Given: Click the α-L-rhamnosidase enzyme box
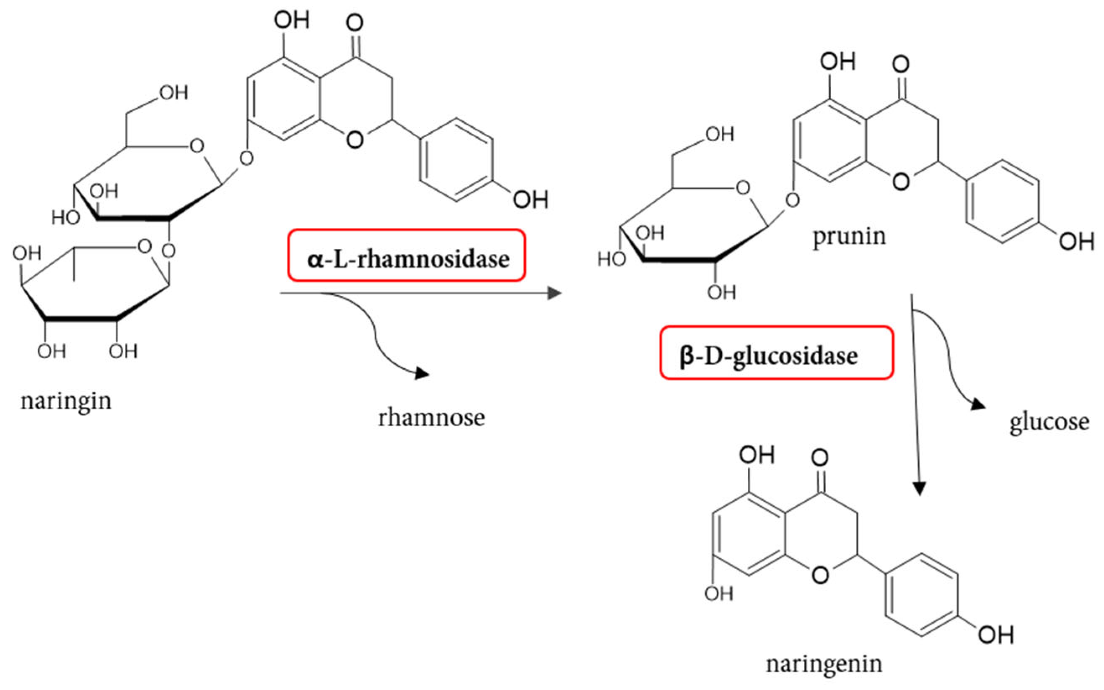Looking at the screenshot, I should tap(406, 255).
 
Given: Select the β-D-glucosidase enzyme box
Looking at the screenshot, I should tap(776, 352).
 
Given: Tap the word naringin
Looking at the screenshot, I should tap(66, 401).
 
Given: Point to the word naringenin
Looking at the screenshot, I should tap(824, 664).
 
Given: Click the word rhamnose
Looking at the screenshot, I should tap(431, 417).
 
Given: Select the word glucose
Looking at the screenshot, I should tap(1049, 421).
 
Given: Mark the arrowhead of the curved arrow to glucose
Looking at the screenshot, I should tap(979, 405).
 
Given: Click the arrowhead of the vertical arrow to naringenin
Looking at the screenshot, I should tap(919, 489).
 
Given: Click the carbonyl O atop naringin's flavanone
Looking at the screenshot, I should tap(354, 22).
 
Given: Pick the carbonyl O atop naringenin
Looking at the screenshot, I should tap(820, 457).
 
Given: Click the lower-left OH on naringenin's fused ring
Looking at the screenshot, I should tap(719, 594).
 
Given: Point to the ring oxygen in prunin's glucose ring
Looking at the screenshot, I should tap(743, 187).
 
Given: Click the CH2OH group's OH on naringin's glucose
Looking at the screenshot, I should tap(173, 93).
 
